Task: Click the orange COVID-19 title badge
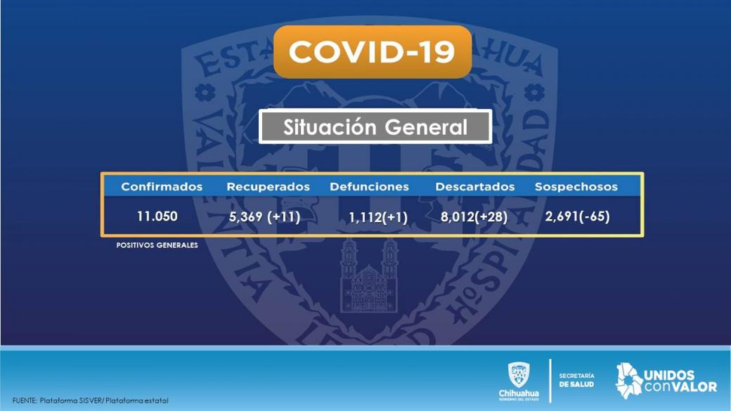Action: pyautogui.click(x=373, y=52)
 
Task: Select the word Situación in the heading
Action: pyautogui.click(x=330, y=127)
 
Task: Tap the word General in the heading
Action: pyautogui.click(x=426, y=127)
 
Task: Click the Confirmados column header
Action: pyautogui.click(x=162, y=187)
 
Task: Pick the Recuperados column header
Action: pyautogui.click(x=268, y=187)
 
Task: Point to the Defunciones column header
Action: pyautogui.click(x=369, y=187)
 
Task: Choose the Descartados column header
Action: pyautogui.click(x=475, y=187)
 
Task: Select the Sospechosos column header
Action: pyautogui.click(x=576, y=187)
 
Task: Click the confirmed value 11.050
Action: pyautogui.click(x=157, y=216)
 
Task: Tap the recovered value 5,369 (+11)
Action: pyautogui.click(x=265, y=217)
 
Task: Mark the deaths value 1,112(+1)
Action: pyautogui.click(x=378, y=218)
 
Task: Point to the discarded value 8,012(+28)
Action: pyautogui.click(x=474, y=217)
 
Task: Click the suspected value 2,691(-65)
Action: pyautogui.click(x=578, y=216)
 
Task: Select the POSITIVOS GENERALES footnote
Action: pyautogui.click(x=157, y=245)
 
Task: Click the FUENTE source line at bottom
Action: pyautogui.click(x=91, y=400)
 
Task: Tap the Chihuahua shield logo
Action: pyautogui.click(x=519, y=375)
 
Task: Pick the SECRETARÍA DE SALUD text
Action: pyautogui.click(x=576, y=380)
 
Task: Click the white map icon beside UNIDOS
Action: pyautogui.click(x=629, y=381)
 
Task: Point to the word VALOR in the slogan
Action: pyautogui.click(x=694, y=387)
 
